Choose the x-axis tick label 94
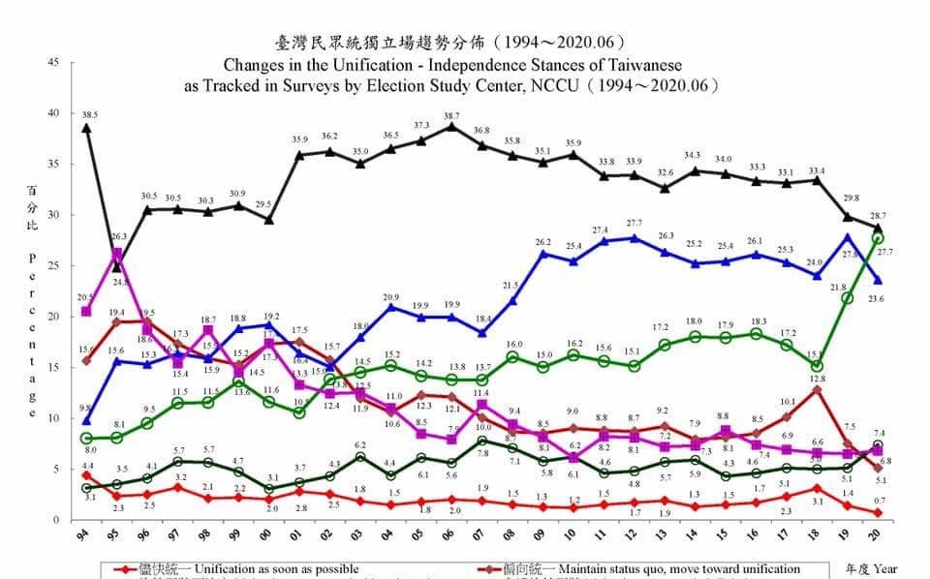pyautogui.click(x=87, y=535)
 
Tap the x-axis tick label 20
pyautogui.click(x=878, y=535)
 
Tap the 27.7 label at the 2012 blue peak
pyautogui.click(x=635, y=224)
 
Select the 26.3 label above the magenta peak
pyautogui.click(x=117, y=236)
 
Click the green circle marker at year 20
pyautogui.click(x=878, y=238)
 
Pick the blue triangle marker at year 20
pyautogui.click(x=878, y=280)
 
